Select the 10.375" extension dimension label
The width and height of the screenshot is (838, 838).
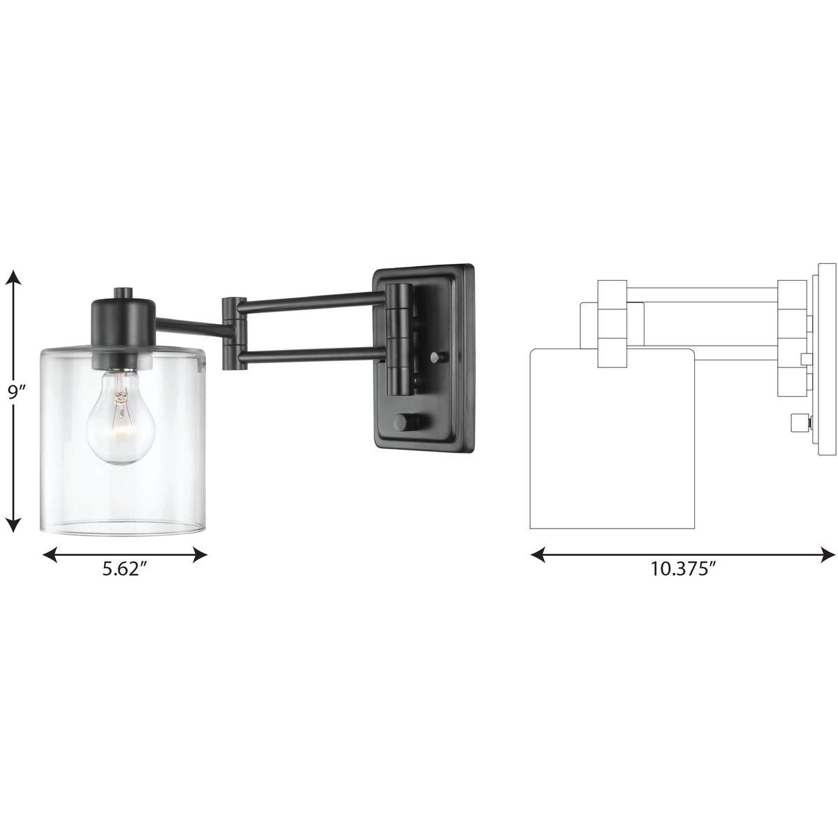pyautogui.click(x=684, y=568)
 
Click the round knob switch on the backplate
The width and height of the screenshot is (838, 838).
pyautogui.click(x=404, y=423)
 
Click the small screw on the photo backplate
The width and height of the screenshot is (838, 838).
pyautogui.click(x=436, y=358)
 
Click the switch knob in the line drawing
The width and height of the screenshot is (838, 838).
pyautogui.click(x=797, y=422)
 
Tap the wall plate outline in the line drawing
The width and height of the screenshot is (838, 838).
pyautogui.click(x=826, y=360)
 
